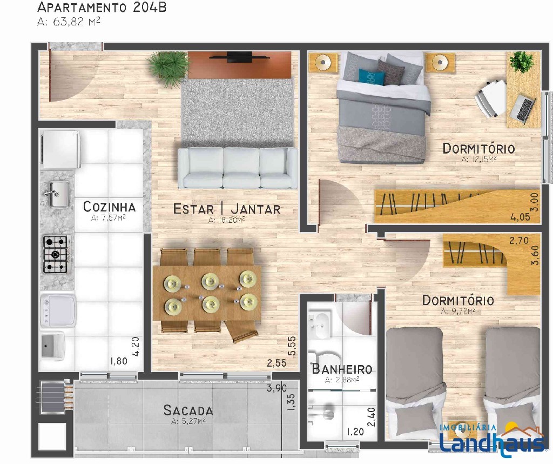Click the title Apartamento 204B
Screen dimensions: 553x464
tap(102, 7)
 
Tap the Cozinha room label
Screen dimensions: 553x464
tap(109, 207)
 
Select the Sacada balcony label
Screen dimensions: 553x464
tap(188, 410)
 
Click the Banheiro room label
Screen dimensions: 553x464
tap(342, 369)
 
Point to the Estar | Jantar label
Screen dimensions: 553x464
tap(227, 209)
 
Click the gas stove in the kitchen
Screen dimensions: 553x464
tap(56, 254)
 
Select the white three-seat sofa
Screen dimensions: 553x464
tap(238, 168)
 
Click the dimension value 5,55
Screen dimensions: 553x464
tap(292, 346)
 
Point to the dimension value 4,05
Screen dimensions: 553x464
tap(520, 217)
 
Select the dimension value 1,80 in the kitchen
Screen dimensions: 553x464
tap(119, 361)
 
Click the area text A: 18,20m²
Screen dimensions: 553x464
tap(227, 220)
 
